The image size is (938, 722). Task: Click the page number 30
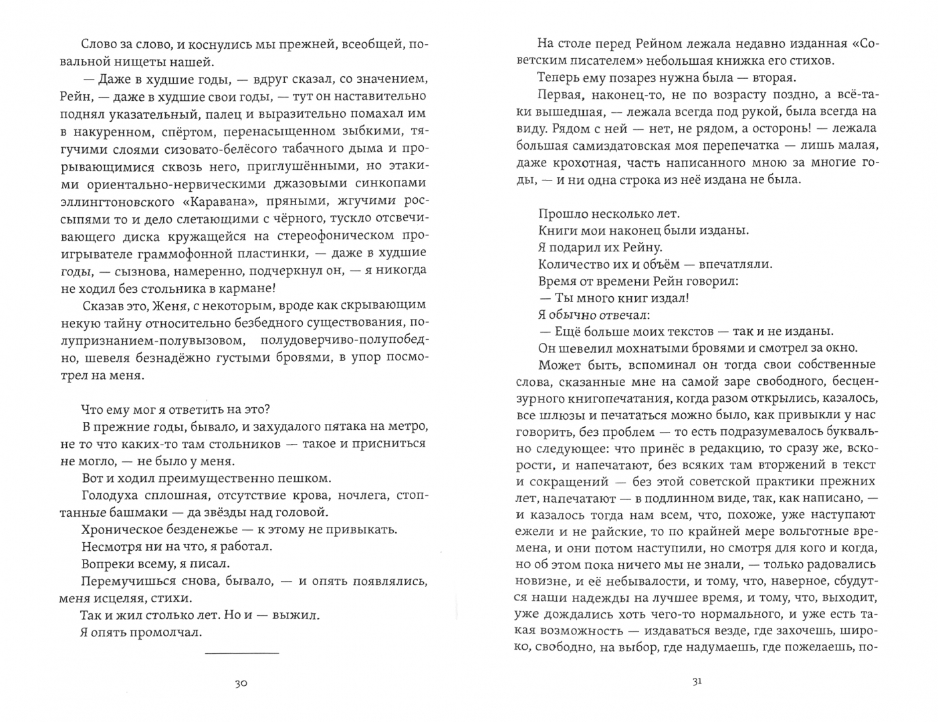point(241,683)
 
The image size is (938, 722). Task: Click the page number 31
point(697,682)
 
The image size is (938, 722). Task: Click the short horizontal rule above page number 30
point(241,652)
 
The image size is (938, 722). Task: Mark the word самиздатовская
point(618,145)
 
